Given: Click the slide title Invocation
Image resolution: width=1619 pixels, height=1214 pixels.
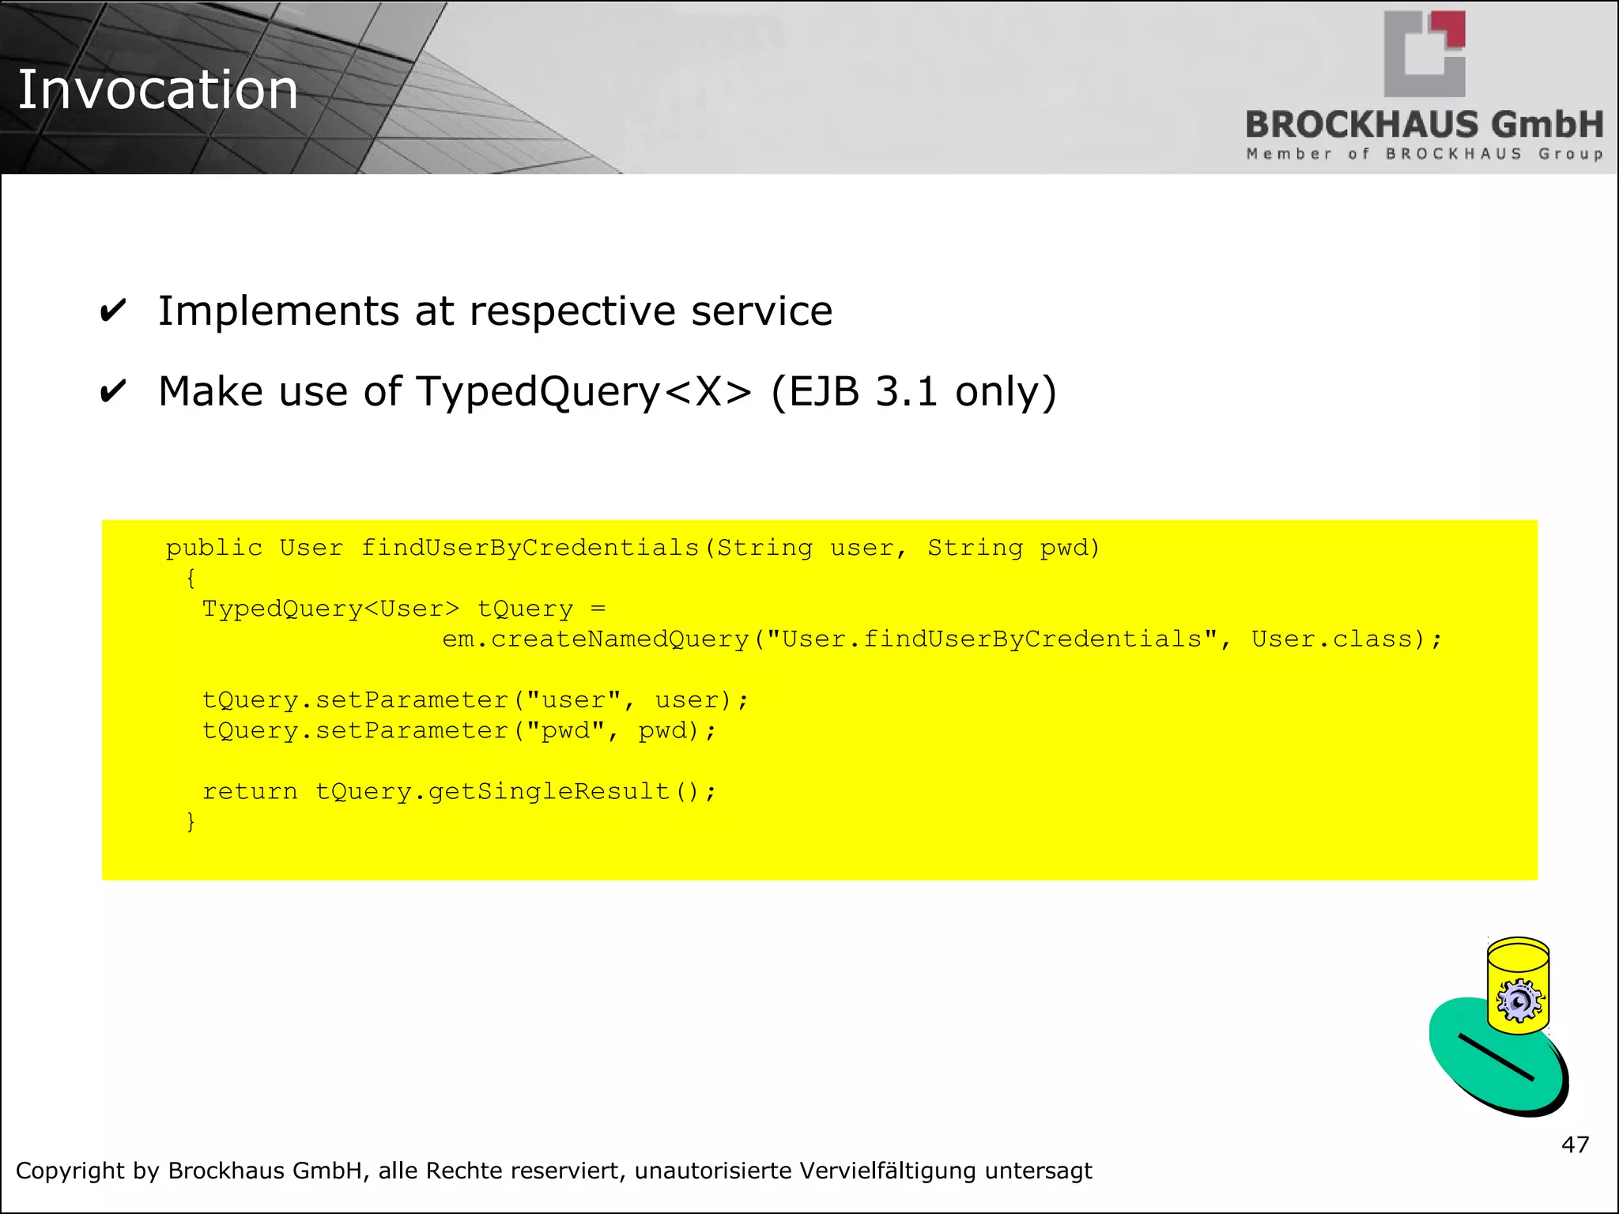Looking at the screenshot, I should click(x=157, y=89).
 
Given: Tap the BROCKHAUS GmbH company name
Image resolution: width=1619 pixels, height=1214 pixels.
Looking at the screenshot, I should click(x=1424, y=125).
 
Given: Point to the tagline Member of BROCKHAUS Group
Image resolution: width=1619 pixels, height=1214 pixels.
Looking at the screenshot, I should click(x=1424, y=154).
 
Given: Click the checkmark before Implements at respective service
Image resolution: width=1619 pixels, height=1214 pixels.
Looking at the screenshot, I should click(x=113, y=311).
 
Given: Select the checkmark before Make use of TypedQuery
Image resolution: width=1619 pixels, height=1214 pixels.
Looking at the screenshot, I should click(x=113, y=391).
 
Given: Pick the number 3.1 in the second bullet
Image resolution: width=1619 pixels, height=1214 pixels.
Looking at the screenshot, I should click(x=906, y=391).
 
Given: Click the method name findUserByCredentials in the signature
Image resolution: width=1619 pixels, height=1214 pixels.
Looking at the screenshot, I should click(x=530, y=548).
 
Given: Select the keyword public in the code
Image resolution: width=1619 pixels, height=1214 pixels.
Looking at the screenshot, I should click(x=213, y=548).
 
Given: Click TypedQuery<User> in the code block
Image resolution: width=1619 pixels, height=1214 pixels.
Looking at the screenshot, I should click(x=330, y=609).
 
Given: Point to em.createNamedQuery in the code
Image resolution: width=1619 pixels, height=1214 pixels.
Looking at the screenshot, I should click(x=595, y=639).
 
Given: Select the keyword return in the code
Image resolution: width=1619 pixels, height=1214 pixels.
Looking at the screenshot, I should click(x=250, y=791).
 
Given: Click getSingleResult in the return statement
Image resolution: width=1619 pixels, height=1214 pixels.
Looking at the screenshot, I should click(x=549, y=791).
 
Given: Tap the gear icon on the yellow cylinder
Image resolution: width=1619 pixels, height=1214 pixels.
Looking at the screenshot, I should click(x=1519, y=1001).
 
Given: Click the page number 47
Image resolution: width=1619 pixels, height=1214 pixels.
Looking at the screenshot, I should click(x=1575, y=1144).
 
